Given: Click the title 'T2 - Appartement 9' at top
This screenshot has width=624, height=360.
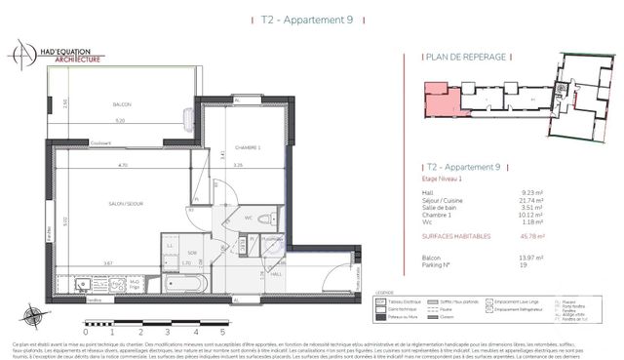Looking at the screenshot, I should click(x=311, y=19).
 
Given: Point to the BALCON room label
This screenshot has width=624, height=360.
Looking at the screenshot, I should click(x=120, y=104).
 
